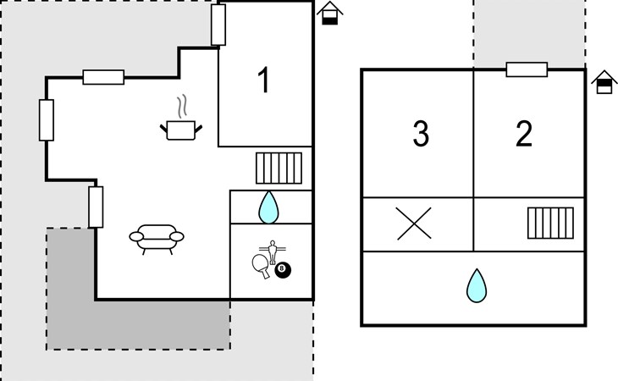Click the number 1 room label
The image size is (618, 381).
pos(263,80)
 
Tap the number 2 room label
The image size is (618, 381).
pos(524,134)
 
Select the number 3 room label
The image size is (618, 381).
pos(421,134)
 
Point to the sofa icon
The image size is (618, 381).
pos(157,239)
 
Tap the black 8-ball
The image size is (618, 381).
pos(283,270)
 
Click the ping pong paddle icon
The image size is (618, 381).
pos(261,266)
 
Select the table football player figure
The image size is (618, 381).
pos(273,251)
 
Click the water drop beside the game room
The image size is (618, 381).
pos(268,207)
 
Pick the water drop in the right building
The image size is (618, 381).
pos(477,286)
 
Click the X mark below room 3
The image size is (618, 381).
pos(414,224)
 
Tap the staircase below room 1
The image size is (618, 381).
pos(279,168)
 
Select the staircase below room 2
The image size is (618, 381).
pos(550,223)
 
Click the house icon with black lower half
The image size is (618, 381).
pos(330,14)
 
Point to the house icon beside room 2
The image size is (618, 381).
pos(604,82)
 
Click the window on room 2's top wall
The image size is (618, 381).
pos(527,69)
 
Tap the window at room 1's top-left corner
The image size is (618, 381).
pos(218,25)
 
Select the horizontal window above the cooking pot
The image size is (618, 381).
pos(103,77)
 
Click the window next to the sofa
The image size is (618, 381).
pos(96,207)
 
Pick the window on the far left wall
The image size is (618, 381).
pos(47,120)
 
